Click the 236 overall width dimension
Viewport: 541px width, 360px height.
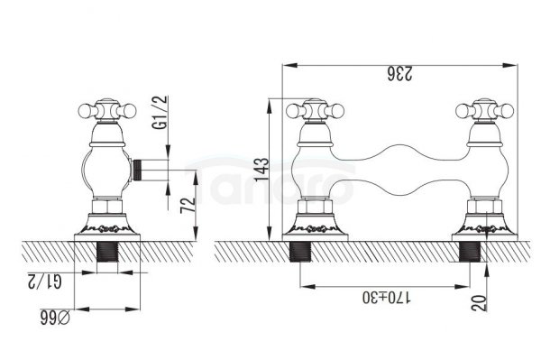(399, 73)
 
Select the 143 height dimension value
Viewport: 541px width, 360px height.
(261, 169)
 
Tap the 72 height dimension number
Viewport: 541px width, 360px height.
(188, 205)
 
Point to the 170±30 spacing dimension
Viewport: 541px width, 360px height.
(387, 297)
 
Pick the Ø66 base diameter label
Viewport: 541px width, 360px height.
(55, 318)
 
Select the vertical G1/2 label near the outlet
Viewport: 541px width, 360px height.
(160, 112)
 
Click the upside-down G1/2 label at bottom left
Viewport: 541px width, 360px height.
(45, 281)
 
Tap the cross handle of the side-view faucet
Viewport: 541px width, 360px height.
(107, 110)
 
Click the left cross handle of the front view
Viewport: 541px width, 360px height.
(316, 111)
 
